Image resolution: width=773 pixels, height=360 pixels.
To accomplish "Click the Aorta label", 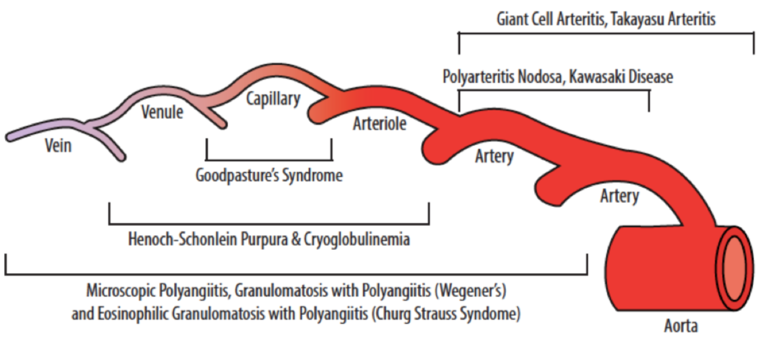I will click(x=681, y=326).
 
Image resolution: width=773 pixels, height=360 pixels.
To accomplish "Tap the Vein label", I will click(x=58, y=147).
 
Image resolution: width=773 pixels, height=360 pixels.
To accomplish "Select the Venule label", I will click(x=162, y=112).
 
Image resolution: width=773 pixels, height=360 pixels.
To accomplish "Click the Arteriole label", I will click(x=380, y=124).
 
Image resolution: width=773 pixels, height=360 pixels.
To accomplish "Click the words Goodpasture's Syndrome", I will click(x=269, y=176).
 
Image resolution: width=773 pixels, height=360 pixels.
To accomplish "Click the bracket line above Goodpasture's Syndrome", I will click(x=269, y=160).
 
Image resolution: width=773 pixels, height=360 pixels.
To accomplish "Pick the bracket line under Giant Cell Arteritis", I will click(x=606, y=33).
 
